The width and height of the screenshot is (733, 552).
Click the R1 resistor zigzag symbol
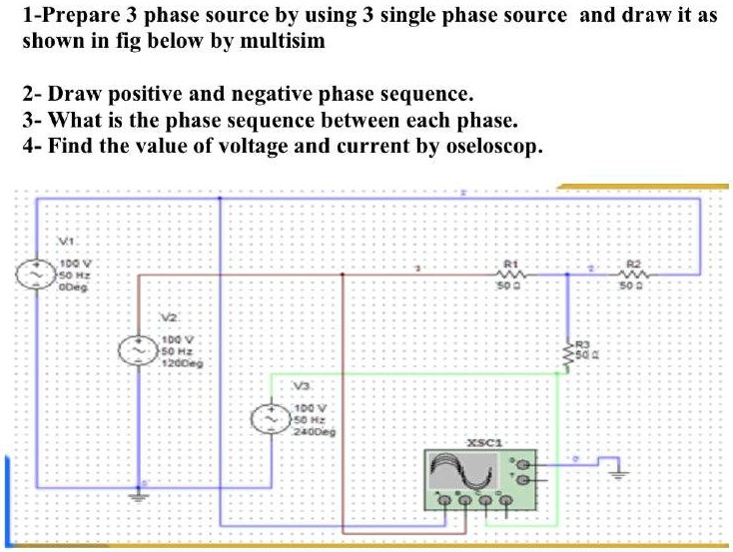coord(510,272)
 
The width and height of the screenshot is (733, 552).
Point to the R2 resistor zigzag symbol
coord(633,272)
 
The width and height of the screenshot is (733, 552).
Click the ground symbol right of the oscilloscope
coord(615,474)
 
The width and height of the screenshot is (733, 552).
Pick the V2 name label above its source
coord(169,316)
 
